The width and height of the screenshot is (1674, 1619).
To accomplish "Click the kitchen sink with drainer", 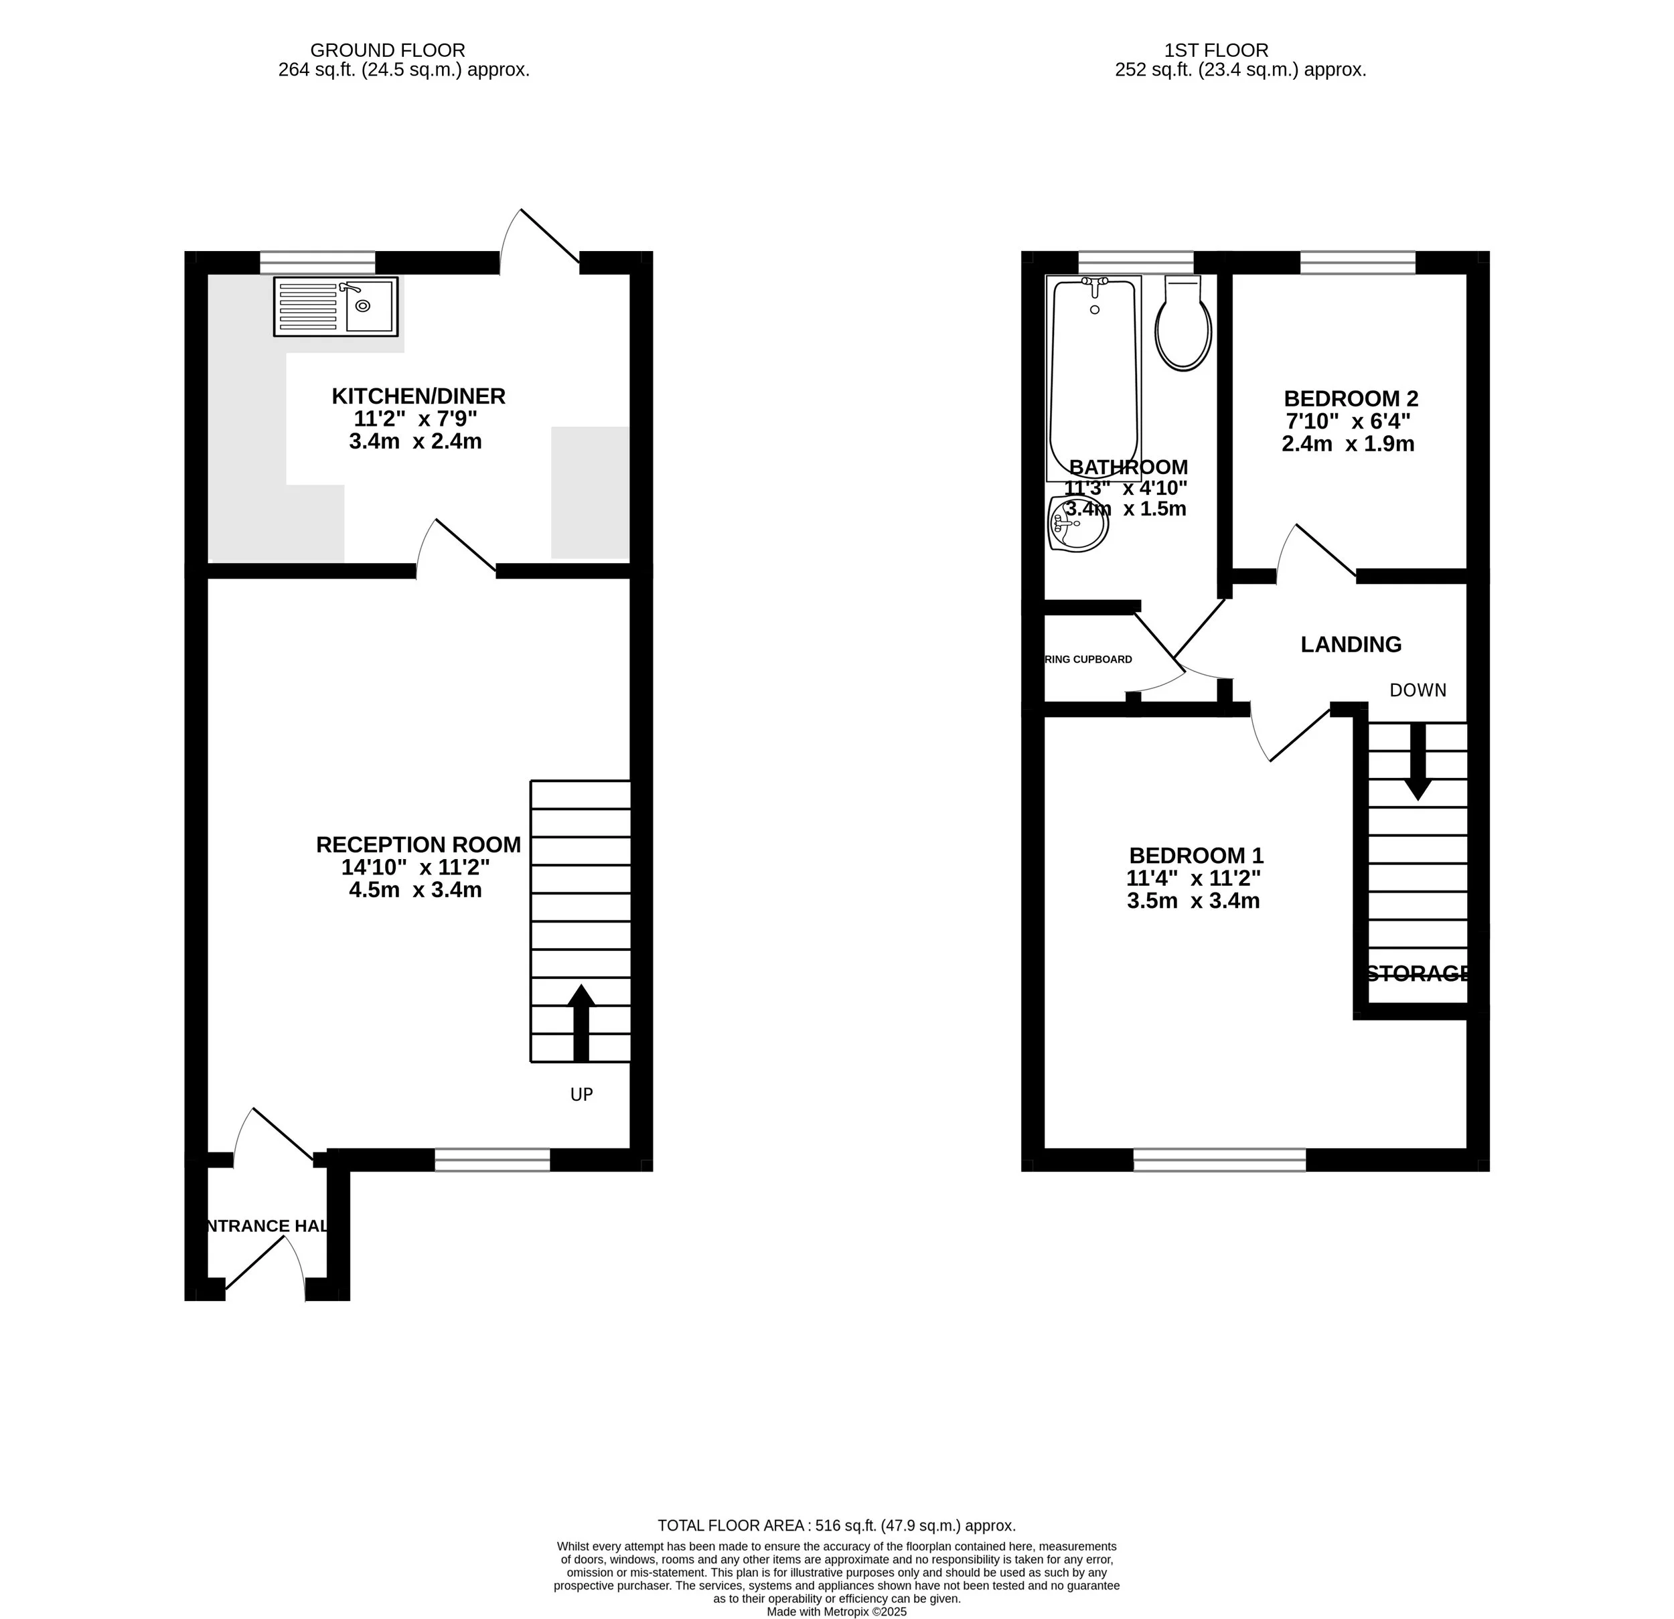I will click(335, 306).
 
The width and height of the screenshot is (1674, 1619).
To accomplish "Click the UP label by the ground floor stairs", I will click(582, 1095).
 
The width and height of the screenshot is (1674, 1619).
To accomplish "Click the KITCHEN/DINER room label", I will click(418, 396).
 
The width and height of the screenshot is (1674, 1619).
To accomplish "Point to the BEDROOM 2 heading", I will click(1351, 399).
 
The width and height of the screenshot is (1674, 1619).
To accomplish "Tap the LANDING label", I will click(1351, 645).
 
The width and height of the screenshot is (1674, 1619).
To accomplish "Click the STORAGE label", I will click(1418, 974).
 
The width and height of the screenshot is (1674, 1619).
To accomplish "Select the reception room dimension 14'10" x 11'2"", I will click(415, 868).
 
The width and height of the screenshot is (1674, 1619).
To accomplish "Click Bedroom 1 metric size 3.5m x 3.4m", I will click(1193, 901).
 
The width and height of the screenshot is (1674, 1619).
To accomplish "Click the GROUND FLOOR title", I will click(387, 50).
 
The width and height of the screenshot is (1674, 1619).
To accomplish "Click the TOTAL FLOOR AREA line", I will click(836, 1525).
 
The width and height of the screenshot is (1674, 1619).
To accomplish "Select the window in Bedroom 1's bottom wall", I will click(1219, 1160).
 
